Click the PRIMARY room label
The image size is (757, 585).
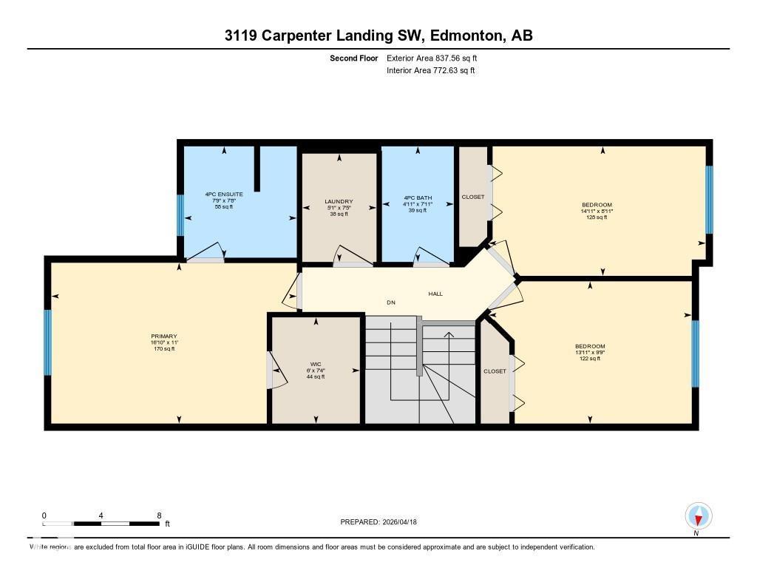coord(163,336)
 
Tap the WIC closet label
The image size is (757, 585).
coord(316,364)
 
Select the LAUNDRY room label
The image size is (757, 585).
coord(339,201)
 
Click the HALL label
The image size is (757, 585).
coord(435,294)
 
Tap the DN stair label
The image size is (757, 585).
coord(391,302)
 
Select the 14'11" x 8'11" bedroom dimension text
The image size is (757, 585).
coord(597,211)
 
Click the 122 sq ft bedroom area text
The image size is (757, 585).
coord(590,359)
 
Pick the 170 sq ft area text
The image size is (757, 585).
coord(163,348)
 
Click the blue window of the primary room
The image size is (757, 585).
coord(48,342)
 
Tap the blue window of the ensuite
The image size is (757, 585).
coord(180,214)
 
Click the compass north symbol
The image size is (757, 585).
coord(699,516)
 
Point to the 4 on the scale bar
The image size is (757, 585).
coord(101,515)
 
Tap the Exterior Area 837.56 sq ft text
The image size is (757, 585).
coord(437,58)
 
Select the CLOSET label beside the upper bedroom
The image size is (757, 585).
coord(473,197)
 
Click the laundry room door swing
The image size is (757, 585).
coord(352,255)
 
